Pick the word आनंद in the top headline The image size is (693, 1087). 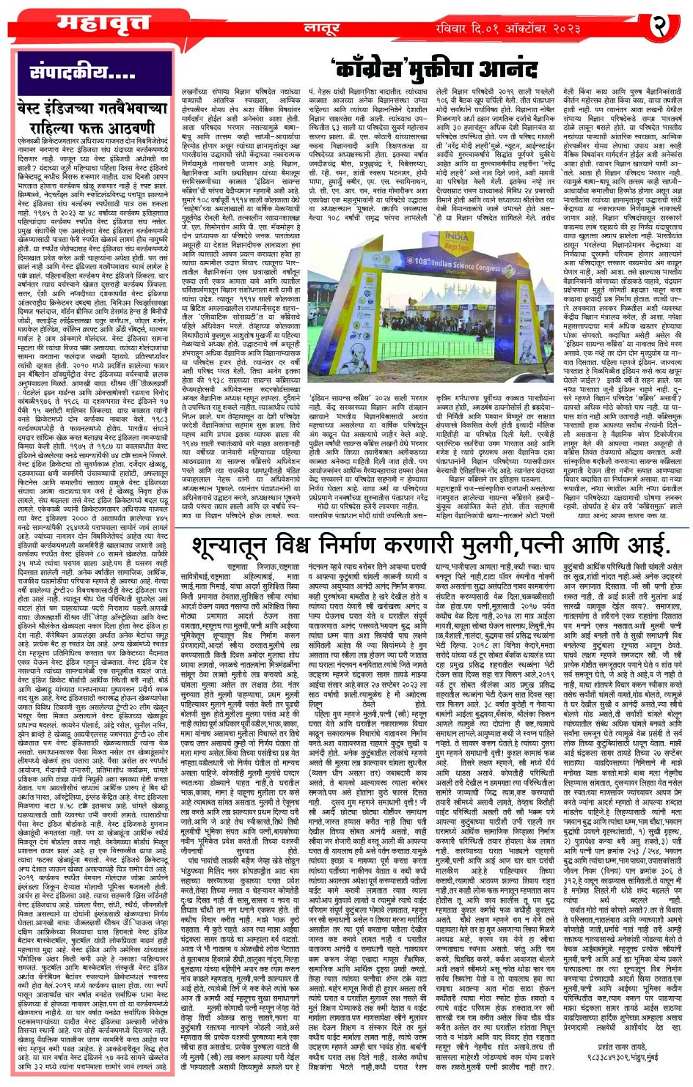pos(507,70)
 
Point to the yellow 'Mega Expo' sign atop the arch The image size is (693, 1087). pos(457,240)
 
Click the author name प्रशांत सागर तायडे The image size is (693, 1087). pos(624,1047)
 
